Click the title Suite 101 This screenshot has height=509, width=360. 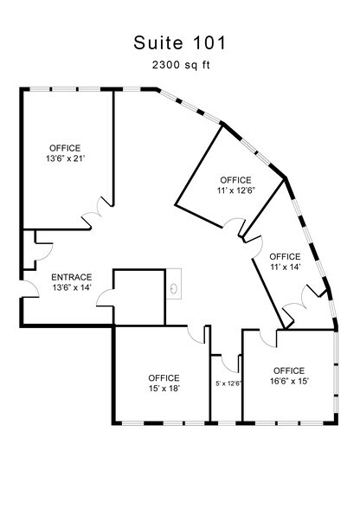point(179,41)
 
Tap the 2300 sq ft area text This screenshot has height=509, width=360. point(179,65)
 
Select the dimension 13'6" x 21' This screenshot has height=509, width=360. point(66,159)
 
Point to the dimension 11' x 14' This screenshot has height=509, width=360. point(285,268)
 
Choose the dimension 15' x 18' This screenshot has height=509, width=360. point(164,390)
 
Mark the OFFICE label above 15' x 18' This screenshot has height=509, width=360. point(164,378)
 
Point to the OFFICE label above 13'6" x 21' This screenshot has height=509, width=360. point(66,148)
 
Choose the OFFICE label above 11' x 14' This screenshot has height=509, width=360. point(285,256)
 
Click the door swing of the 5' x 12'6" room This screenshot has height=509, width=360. point(221,358)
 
